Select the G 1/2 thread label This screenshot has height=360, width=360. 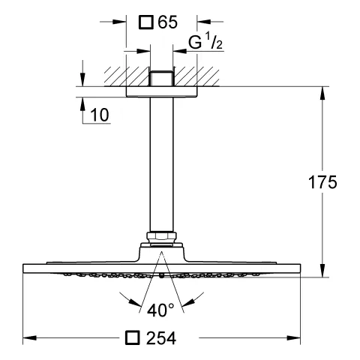click(x=204, y=43)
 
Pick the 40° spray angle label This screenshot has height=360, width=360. click(x=160, y=308)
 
